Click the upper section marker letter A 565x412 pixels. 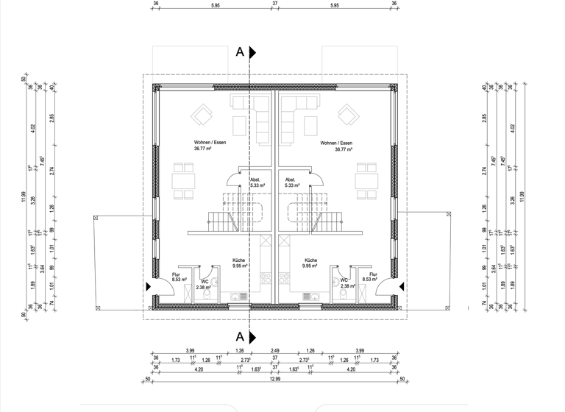(240, 52)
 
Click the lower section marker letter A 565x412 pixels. (240, 336)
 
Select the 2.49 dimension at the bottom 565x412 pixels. (275, 350)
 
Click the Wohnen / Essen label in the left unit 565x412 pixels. (210, 143)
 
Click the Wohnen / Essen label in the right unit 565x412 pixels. (336, 143)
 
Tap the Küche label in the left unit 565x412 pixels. (238, 260)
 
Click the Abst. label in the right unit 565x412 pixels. (290, 180)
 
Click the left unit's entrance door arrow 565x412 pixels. (149, 288)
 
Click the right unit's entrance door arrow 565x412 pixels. (400, 288)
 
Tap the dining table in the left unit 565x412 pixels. (183, 180)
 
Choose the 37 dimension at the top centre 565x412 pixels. (275, 4)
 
